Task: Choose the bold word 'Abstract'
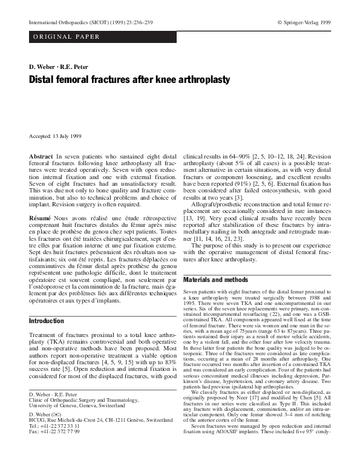pos(41,157)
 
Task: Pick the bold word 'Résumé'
pos(41,216)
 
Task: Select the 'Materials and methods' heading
pos(215,280)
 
